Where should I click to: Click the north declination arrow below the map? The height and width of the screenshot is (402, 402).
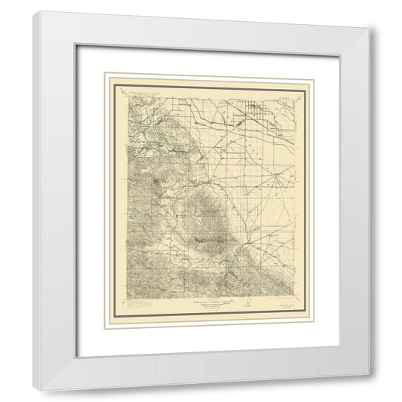tap(245, 305)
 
